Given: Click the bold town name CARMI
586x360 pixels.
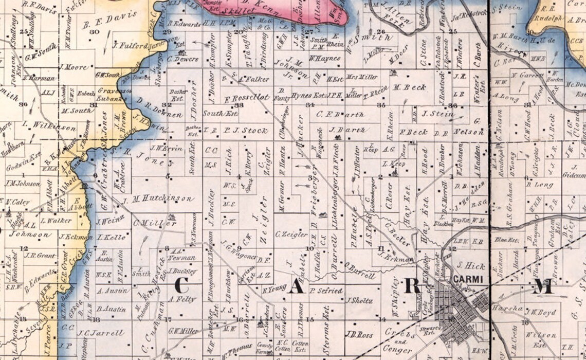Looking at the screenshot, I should [x=466, y=279].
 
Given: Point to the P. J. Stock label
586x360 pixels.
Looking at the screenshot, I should [x=247, y=131].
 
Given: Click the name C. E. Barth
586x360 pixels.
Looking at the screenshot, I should [x=340, y=114].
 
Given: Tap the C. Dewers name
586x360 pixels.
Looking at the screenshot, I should [x=182, y=59].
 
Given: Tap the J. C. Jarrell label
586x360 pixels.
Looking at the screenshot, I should [x=102, y=333].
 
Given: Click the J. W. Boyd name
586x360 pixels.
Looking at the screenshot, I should [x=540, y=312].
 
